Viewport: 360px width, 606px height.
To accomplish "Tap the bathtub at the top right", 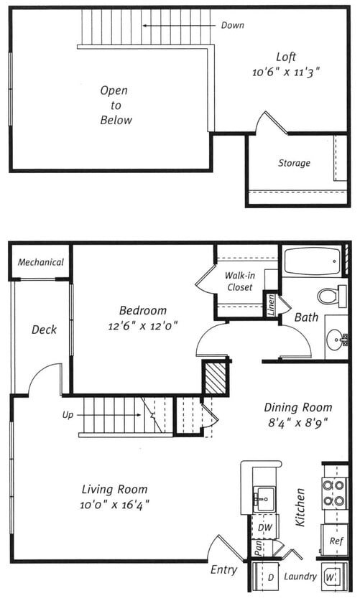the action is (313, 261).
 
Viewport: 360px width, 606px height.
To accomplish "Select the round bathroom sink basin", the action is (336, 340).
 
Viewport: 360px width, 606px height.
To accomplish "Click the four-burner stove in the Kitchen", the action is (334, 493).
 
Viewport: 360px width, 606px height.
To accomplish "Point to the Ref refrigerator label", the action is (336, 541).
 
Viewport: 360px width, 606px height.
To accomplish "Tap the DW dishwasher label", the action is (265, 527).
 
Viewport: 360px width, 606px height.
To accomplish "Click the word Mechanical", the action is (41, 262).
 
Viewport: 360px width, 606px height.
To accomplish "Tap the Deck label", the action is (44, 330).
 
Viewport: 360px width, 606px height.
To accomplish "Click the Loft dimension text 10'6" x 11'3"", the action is (286, 73).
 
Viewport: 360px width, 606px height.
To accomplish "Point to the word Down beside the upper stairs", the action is (232, 26).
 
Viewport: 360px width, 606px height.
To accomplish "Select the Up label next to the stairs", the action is (68, 415).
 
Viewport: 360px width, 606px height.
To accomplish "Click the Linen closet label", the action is (271, 305).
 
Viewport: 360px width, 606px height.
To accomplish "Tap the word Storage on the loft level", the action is (295, 163).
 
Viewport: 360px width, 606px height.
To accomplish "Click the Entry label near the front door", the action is (223, 570).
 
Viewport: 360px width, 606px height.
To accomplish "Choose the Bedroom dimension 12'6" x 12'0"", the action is (143, 326).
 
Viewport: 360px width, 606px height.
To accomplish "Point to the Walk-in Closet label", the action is (240, 281).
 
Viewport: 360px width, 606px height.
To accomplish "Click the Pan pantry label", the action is (258, 548).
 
